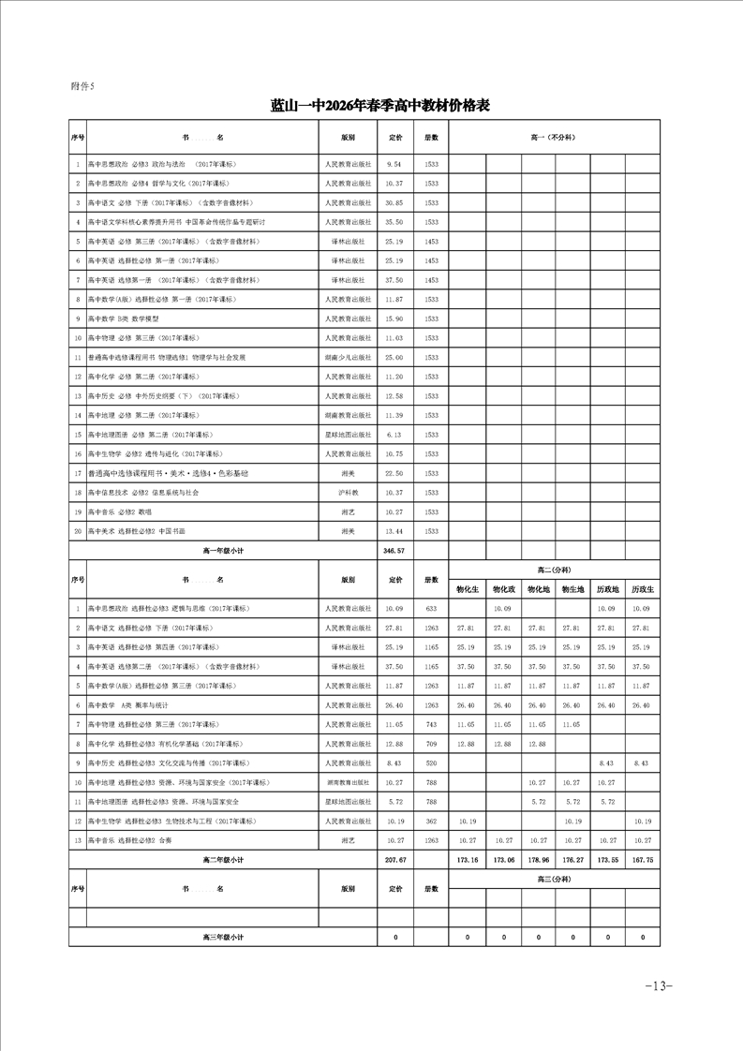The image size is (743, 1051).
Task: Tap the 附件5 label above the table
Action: pos(83,85)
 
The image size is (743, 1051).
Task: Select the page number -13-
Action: pos(660,985)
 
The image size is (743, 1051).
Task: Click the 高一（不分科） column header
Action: pos(554,137)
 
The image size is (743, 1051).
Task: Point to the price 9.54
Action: pos(394,164)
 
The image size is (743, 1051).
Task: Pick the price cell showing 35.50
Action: pos(394,222)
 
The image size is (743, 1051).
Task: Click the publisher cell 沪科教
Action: pos(349,492)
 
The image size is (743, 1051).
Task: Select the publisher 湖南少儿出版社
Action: pos(349,357)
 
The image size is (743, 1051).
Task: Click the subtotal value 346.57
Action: pos(394,550)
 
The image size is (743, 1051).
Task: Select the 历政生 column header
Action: pos(643,589)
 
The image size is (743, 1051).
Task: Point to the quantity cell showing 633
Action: pos(431,609)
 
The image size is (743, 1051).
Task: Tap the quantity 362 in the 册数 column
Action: pos(431,821)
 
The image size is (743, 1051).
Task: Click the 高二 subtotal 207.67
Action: pos(394,859)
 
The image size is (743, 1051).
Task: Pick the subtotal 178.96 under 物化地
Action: pos(537,859)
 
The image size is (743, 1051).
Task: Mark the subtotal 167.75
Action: pos(643,859)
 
